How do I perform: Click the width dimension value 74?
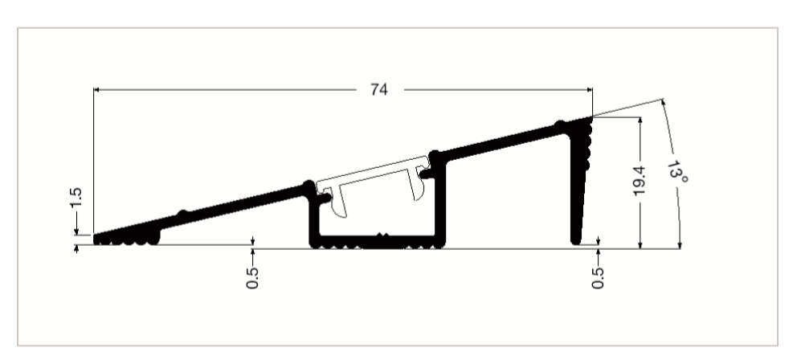pos(378,89)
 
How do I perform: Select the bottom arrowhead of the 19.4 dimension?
pos(640,243)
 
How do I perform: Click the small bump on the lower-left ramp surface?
pos(183,215)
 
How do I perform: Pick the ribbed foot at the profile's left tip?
pos(127,239)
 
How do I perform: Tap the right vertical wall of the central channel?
pos(439,201)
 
